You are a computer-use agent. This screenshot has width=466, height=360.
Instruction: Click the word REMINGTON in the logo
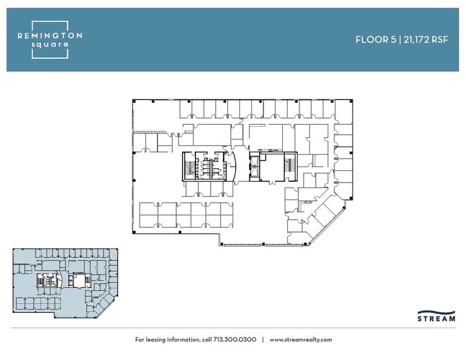(50, 36)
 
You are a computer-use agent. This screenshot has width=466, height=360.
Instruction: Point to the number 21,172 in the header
(417, 39)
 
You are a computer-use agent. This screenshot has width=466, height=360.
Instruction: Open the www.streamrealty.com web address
(300, 339)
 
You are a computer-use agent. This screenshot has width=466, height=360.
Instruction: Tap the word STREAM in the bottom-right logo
(436, 319)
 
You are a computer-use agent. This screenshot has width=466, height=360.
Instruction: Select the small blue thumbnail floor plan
(65, 282)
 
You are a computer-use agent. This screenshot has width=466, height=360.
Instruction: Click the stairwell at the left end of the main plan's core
(189, 166)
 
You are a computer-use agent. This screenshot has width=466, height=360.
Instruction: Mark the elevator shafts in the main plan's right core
(254, 166)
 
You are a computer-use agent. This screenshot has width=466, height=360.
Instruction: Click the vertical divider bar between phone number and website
(263, 339)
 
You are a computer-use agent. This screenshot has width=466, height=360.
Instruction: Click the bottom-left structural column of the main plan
(134, 232)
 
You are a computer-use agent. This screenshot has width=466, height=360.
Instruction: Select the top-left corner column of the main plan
(134, 101)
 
